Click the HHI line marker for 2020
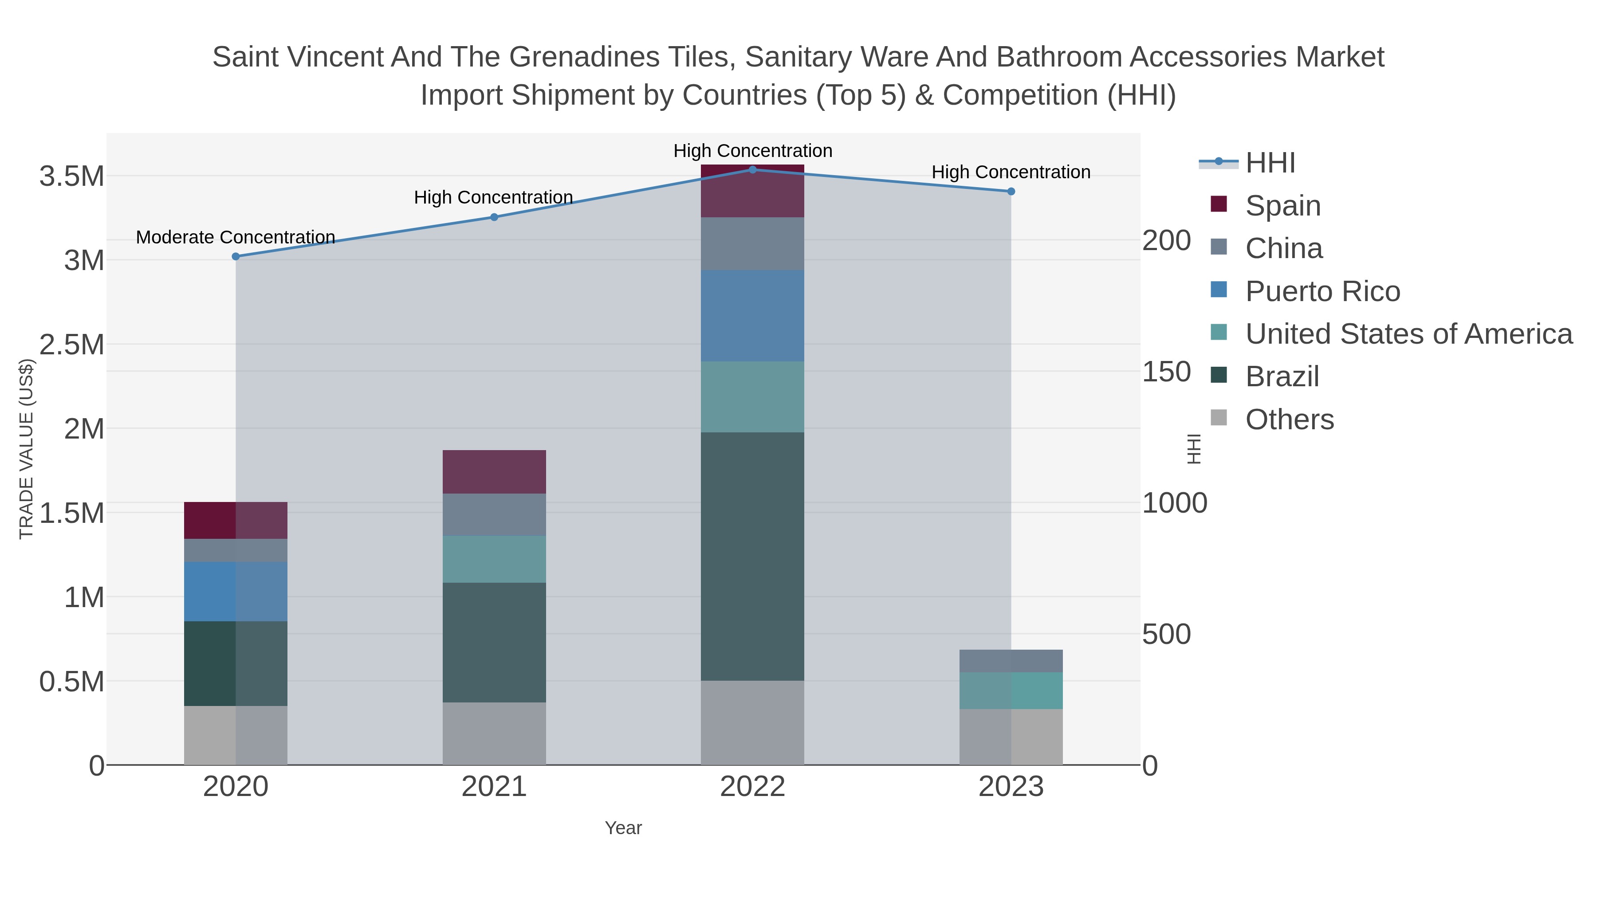[x=236, y=257]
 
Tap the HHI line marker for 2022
[x=753, y=170]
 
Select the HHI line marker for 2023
[x=1011, y=192]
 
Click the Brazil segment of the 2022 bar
[x=753, y=557]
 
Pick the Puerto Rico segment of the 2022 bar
[x=753, y=316]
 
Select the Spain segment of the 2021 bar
[x=494, y=472]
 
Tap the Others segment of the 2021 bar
[x=494, y=734]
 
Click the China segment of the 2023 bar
[x=1011, y=661]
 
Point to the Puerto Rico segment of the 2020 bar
[x=236, y=592]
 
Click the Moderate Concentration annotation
[x=236, y=237]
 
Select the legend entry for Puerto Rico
[x=1322, y=291]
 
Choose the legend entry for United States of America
[x=1408, y=334]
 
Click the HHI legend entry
[x=1270, y=163]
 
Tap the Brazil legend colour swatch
[x=1218, y=375]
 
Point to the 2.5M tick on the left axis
[x=72, y=345]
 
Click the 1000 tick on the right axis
[x=1174, y=503]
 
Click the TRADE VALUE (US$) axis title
[x=26, y=449]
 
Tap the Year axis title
[x=623, y=828]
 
